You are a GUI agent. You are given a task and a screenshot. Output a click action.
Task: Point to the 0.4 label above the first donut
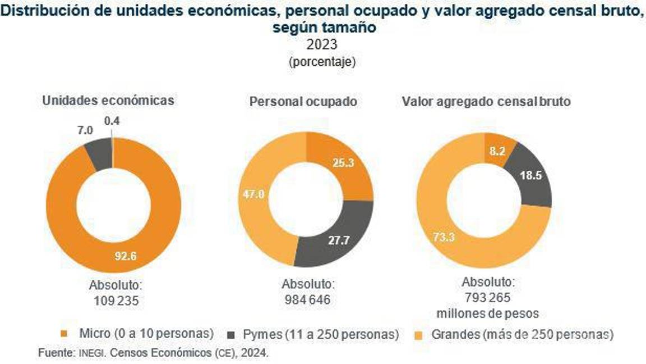[x=112, y=120]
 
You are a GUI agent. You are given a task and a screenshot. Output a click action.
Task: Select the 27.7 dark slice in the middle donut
[x=338, y=240]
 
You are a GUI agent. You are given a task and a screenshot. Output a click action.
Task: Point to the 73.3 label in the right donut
[x=443, y=237]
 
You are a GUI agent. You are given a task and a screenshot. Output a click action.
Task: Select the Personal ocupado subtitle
[x=303, y=102]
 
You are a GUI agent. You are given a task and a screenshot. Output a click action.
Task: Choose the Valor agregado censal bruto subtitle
[x=486, y=102]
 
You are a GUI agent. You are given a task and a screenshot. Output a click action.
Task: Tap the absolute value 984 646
[x=307, y=300]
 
